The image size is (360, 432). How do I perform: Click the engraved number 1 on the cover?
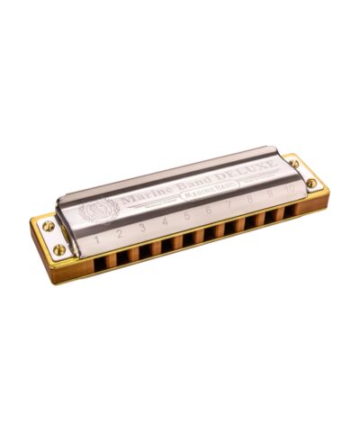(96, 240)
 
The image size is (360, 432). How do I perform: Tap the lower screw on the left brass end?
(60, 249)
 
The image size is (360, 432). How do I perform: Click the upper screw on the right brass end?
(294, 164)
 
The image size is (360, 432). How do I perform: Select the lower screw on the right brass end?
(311, 183)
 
